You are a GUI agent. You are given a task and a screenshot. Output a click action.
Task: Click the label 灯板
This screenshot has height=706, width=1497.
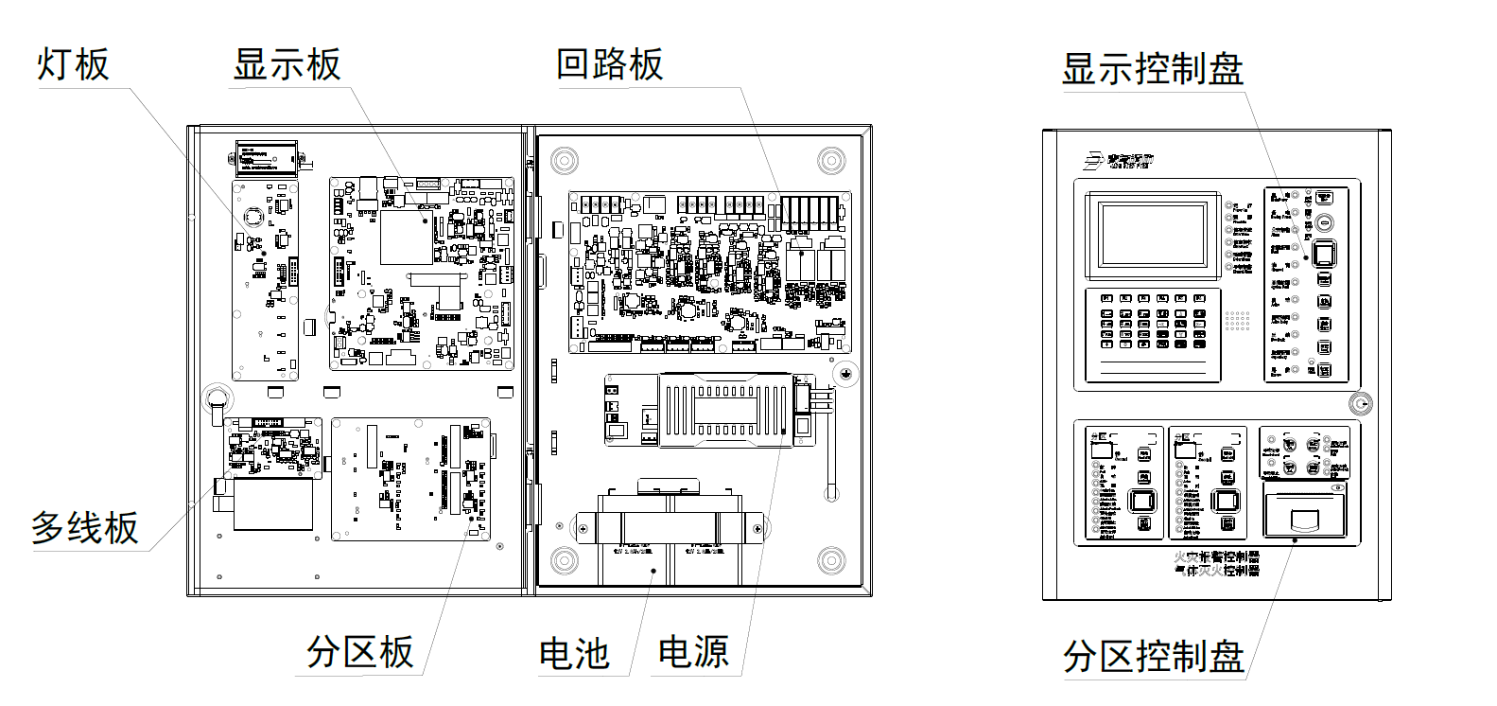(73, 65)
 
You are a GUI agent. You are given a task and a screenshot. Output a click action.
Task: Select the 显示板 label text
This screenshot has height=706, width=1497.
(287, 65)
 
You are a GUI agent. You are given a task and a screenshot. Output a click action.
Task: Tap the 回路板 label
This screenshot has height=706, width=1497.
(610, 64)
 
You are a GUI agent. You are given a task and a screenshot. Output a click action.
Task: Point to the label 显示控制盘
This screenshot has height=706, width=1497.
(1152, 69)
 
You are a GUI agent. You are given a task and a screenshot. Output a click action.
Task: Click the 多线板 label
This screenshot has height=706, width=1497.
(85, 528)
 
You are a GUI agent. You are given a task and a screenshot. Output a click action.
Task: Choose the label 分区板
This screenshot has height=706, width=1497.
(360, 652)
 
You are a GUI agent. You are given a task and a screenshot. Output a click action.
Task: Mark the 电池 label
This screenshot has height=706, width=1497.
(574, 654)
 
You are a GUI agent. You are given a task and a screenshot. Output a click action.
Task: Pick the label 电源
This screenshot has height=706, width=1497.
(693, 652)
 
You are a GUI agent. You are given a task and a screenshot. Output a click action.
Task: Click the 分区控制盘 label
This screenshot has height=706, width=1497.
(1153, 656)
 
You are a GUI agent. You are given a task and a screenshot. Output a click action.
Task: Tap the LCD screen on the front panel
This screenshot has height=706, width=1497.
(1152, 233)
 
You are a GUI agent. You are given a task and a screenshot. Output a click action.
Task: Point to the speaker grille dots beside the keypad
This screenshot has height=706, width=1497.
(1237, 321)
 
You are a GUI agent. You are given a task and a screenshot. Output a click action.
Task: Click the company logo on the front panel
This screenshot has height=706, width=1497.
(1119, 161)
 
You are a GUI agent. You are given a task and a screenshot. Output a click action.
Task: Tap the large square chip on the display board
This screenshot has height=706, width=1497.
(407, 238)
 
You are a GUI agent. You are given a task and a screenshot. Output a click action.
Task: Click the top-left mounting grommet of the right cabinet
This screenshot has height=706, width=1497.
(565, 159)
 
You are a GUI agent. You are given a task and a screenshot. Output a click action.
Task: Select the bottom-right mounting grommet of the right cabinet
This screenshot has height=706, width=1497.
(831, 559)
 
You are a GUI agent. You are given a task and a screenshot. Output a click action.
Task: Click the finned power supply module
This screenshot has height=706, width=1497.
(724, 409)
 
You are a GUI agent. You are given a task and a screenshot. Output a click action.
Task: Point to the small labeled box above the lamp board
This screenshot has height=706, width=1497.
(267, 158)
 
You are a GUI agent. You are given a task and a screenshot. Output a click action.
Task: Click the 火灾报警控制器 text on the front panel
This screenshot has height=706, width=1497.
(1217, 557)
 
